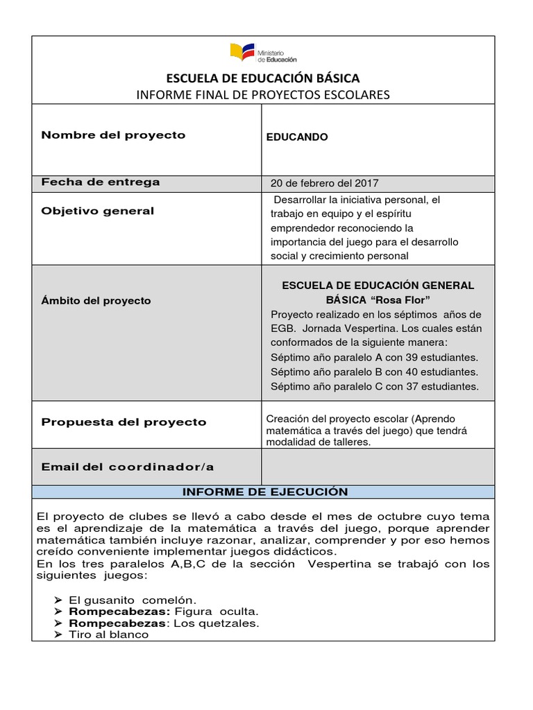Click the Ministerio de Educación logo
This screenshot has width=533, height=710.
[x=262, y=53]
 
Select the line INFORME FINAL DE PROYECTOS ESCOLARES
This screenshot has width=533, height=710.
[x=262, y=94]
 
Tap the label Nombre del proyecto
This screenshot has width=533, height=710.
[x=113, y=135]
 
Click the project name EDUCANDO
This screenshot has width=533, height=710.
[x=297, y=137]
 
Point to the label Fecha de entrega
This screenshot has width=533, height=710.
[x=101, y=182]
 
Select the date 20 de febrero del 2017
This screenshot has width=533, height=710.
[x=324, y=184]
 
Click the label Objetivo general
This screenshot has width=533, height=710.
[x=98, y=211]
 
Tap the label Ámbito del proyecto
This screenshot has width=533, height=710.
[x=96, y=301]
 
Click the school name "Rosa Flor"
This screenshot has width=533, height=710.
[x=402, y=300]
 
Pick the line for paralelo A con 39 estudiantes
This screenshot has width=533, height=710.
[x=374, y=358]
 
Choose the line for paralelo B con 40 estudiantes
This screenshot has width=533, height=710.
[x=374, y=372]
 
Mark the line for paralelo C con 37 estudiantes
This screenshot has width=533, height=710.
[x=374, y=387]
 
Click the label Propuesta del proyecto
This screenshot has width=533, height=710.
[x=124, y=422]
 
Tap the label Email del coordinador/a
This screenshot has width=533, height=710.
[x=128, y=467]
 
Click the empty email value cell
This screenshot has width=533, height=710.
[x=378, y=466]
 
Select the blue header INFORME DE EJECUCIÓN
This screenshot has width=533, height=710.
[x=264, y=492]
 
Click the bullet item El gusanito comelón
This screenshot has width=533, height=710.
[x=133, y=599]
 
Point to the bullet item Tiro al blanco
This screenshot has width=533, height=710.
[x=109, y=634]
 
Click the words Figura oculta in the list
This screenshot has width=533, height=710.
[x=217, y=611]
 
